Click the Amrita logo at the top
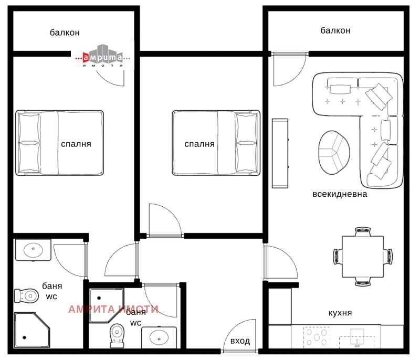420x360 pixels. (102, 57)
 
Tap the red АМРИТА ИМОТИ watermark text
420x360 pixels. (113, 310)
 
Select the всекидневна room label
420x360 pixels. (340, 194)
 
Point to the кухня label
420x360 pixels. (340, 313)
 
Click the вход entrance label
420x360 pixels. (240, 341)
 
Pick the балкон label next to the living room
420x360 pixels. (335, 30)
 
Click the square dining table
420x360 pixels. (362, 257)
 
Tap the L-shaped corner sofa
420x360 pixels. (367, 105)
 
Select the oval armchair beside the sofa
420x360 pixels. (334, 152)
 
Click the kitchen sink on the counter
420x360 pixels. (358, 337)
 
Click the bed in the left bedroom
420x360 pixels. (59, 143)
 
